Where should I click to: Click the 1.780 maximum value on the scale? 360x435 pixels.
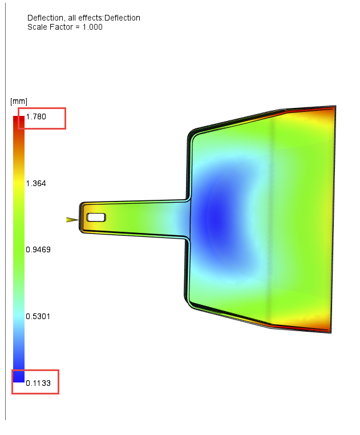point(35,117)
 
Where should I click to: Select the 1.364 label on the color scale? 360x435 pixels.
point(35,183)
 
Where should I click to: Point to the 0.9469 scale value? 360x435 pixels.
point(38,249)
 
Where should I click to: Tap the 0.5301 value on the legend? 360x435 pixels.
point(38,316)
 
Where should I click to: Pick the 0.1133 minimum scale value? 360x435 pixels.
point(38,384)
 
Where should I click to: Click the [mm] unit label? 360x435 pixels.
point(19,102)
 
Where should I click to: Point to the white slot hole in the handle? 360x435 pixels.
point(96,217)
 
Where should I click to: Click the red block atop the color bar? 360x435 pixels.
point(19,120)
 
